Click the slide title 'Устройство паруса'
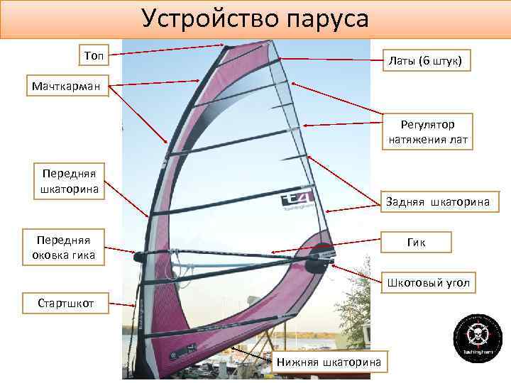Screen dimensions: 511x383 [255, 18]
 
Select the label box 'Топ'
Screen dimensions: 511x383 [94, 55]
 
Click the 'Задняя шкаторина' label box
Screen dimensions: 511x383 [437, 202]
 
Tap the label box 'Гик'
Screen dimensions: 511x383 [416, 243]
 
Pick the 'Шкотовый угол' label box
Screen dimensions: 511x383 [429, 284]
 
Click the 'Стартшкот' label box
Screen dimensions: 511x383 [66, 304]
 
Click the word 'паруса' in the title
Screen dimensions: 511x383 [328, 18]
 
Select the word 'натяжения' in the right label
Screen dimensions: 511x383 [419, 139]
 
